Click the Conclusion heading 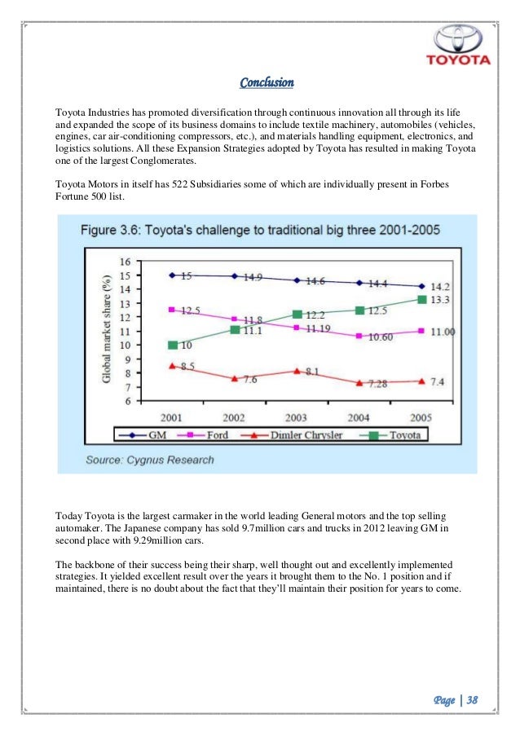coord(267,83)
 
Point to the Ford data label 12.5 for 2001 coord(188,311)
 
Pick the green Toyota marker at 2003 coord(297,315)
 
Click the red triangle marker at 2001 coord(171,366)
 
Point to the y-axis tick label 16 coord(125,262)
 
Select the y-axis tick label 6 coord(127,401)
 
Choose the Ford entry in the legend coord(211,436)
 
